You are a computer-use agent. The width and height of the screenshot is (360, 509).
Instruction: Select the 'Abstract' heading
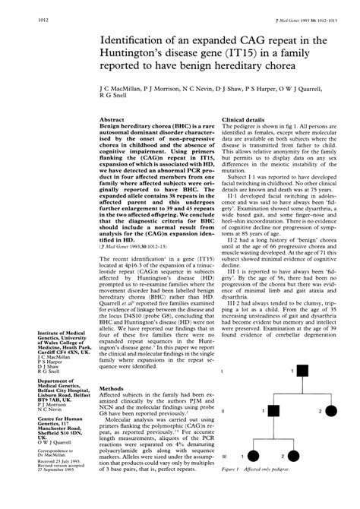[113, 119]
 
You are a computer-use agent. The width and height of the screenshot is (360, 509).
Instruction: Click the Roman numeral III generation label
[223, 479]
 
